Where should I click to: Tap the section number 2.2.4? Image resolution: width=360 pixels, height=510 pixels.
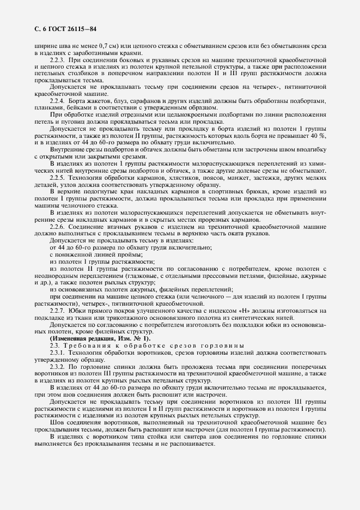tap(58, 101)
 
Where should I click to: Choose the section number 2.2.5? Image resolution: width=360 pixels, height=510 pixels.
tap(58, 178)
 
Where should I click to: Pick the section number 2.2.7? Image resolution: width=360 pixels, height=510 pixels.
tap(58, 310)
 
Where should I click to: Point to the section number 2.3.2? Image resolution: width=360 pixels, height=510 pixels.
tap(58, 367)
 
